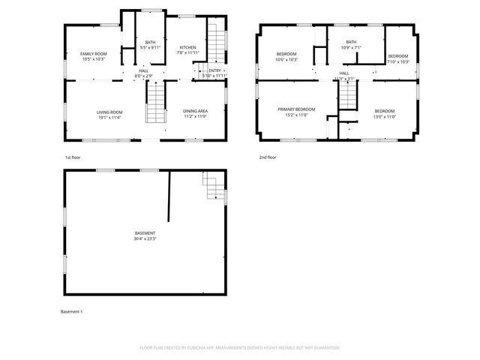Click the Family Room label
point(94,54)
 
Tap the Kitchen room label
point(187,46)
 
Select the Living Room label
point(109,112)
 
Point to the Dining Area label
point(196,112)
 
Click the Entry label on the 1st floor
point(215,70)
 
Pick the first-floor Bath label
point(150,42)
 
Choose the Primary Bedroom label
point(297,109)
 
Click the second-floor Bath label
point(351,42)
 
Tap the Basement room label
point(145,233)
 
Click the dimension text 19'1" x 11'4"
point(109,118)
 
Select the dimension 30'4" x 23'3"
point(145,239)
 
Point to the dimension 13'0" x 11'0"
point(384,116)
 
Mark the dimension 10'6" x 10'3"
point(287,60)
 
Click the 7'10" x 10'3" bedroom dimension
point(398,62)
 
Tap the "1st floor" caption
point(73,157)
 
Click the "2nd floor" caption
point(268,157)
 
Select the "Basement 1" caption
point(71,311)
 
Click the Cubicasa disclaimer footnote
point(240,347)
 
